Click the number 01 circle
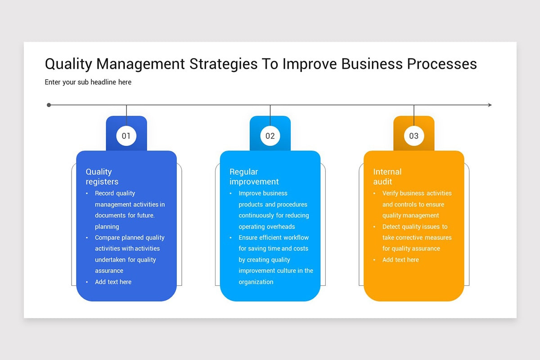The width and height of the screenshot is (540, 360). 126,136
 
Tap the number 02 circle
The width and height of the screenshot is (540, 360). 270,136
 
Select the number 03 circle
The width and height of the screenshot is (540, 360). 414,136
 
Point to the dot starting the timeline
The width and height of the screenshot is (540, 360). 49,105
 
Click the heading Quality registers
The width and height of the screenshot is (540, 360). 102,176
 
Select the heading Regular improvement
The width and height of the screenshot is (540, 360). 254,176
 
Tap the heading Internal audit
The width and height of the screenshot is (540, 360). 387,176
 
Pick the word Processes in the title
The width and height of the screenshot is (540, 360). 442,64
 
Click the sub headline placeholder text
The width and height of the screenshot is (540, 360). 88,82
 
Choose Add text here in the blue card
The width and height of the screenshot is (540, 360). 113,282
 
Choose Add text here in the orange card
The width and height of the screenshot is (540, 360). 400,260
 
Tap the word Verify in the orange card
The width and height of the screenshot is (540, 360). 391,193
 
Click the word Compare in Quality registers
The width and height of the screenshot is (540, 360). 107,238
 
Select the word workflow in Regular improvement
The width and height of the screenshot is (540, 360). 296,238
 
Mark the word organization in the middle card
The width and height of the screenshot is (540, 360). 256,282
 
